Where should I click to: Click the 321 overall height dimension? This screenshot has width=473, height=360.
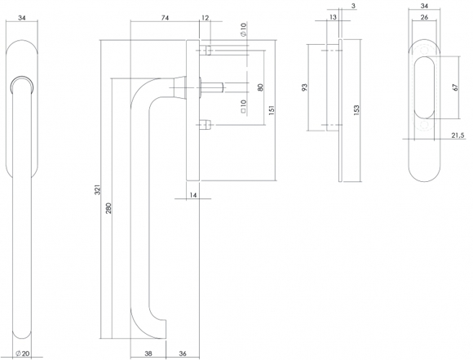tap(97, 189)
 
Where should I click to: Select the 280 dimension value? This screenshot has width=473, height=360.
tap(109, 208)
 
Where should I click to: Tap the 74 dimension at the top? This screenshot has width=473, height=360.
tap(165, 18)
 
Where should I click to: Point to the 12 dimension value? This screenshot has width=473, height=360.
tap(205, 18)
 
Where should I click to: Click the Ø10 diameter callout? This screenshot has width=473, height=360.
tap(244, 29)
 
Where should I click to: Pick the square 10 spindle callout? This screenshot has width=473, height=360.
tap(244, 106)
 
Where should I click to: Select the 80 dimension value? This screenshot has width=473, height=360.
tap(261, 87)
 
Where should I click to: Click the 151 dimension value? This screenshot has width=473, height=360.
tap(272, 110)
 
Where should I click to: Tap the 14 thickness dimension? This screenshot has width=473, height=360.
tap(193, 195)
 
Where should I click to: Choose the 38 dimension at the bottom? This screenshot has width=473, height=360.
tap(148, 353)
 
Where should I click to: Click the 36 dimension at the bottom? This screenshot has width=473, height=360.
tap(183, 353)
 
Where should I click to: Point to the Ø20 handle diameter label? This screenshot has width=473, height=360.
tap(23, 353)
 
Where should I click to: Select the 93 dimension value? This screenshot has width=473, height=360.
tap(305, 87)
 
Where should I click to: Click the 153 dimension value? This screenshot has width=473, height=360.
tap(356, 110)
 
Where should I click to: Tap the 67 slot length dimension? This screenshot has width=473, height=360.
tap(456, 87)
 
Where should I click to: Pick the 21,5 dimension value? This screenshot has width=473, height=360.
tap(458, 136)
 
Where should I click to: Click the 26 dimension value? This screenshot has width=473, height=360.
tap(424, 17)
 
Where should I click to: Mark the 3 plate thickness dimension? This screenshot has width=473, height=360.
tap(354, 6)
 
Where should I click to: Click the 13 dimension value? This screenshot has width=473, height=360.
tap(333, 17)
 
